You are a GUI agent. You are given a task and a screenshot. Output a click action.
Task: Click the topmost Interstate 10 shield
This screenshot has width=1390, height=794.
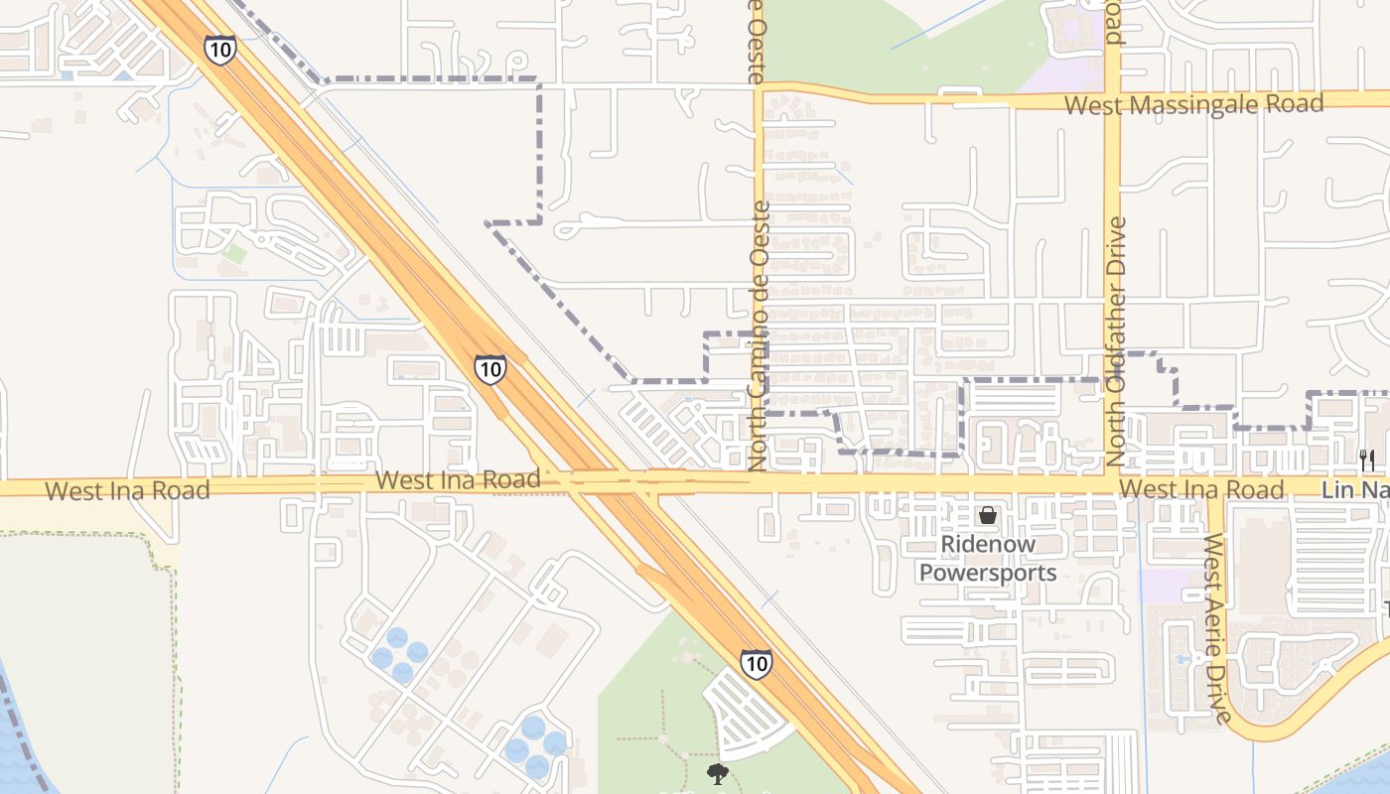point(220,50)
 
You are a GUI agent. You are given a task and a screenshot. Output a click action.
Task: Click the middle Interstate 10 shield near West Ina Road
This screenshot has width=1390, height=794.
point(489,369)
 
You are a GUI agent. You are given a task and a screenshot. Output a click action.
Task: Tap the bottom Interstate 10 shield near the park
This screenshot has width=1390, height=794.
point(756,662)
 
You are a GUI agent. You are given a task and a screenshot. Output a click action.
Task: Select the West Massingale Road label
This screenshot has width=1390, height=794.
point(1193,104)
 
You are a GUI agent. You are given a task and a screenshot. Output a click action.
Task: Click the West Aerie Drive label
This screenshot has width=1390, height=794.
point(1217,627)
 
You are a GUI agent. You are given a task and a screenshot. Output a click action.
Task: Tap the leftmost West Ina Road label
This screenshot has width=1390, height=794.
point(127,490)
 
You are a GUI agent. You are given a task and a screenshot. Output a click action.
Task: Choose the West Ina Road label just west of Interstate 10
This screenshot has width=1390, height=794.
point(458,480)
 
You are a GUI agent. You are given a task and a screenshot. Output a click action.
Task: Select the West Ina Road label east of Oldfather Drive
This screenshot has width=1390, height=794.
point(1201,489)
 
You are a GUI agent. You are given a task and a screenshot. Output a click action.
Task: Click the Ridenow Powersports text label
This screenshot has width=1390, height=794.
point(988,559)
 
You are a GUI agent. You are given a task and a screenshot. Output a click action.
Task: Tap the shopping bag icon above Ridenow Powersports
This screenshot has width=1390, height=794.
point(988,515)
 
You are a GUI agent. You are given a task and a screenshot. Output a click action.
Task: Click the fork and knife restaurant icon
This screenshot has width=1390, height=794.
point(1367,460)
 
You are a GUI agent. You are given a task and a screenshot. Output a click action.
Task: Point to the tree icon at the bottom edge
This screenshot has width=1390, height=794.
point(718,774)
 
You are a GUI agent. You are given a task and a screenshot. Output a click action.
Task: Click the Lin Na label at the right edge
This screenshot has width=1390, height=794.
point(1354,490)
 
